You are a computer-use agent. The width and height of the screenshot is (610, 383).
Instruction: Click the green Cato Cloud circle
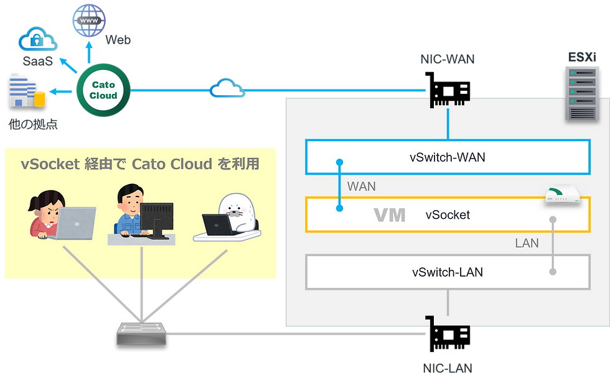click(x=103, y=91)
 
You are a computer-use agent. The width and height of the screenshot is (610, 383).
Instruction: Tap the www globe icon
click(x=89, y=21)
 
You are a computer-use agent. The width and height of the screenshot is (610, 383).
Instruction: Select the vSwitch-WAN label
click(x=447, y=157)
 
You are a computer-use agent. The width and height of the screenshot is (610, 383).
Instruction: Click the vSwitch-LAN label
click(x=447, y=272)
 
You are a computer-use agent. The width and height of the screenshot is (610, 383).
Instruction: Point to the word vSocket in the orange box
click(x=448, y=215)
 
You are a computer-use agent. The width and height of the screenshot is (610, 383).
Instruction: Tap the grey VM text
click(x=389, y=215)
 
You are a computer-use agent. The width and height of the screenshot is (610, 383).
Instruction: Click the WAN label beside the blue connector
click(x=361, y=186)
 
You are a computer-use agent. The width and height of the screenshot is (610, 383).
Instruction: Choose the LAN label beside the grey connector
click(x=527, y=243)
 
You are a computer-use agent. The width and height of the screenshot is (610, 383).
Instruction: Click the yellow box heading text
click(x=140, y=164)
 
